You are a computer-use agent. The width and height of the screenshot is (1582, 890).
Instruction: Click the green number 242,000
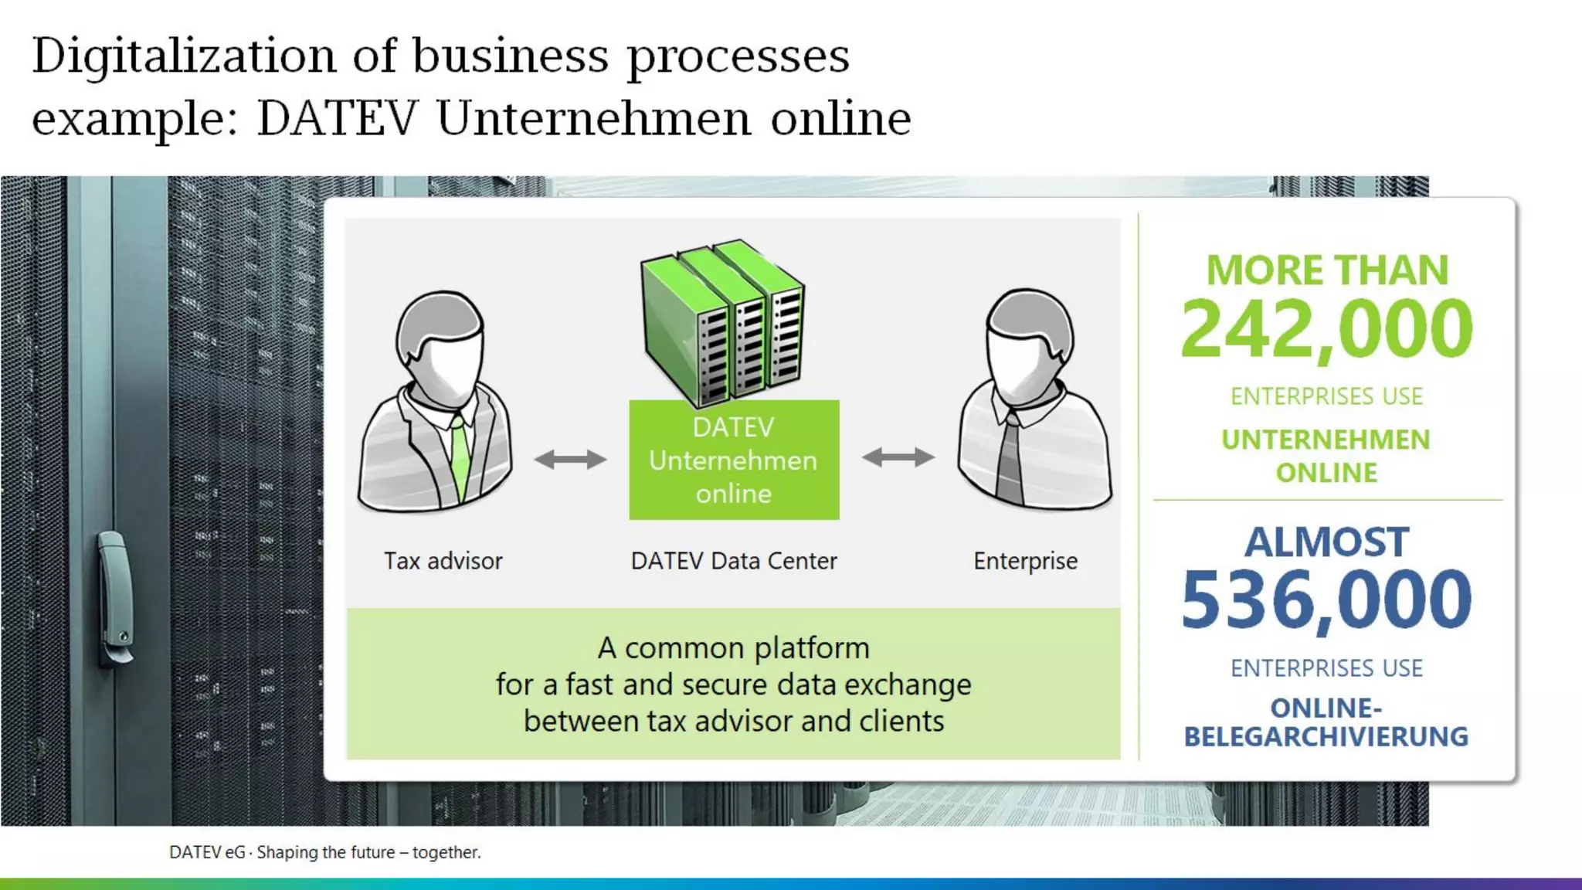pyautogui.click(x=1326, y=330)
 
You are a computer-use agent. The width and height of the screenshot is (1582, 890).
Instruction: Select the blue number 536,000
pyautogui.click(x=1326, y=600)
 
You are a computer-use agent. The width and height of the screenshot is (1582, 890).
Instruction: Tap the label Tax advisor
pyautogui.click(x=443, y=561)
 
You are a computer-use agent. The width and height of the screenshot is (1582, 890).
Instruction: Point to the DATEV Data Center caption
pyautogui.click(x=733, y=561)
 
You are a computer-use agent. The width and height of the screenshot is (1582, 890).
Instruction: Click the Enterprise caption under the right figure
pyautogui.click(x=1025, y=561)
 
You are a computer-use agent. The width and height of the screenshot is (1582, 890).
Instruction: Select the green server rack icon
pyautogui.click(x=722, y=321)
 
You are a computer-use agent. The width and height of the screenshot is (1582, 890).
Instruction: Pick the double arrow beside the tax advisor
pyautogui.click(x=570, y=459)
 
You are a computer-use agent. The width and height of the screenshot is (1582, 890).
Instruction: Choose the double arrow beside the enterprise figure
pyautogui.click(x=898, y=457)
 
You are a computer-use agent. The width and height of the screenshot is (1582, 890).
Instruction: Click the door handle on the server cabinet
pyautogui.click(x=114, y=595)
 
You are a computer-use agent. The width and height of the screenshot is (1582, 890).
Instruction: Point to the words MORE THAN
pyautogui.click(x=1326, y=270)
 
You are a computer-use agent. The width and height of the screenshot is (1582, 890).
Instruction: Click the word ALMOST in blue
pyautogui.click(x=1326, y=542)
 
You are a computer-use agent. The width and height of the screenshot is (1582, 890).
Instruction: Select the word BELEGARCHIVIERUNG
pyautogui.click(x=1326, y=737)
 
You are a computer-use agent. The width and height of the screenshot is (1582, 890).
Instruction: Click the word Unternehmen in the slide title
pyautogui.click(x=593, y=120)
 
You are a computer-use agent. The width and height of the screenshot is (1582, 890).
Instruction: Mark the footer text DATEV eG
pyautogui.click(x=207, y=852)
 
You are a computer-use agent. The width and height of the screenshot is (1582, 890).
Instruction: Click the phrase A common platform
pyautogui.click(x=733, y=647)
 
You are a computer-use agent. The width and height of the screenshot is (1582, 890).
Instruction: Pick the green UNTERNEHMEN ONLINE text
pyautogui.click(x=1326, y=456)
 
